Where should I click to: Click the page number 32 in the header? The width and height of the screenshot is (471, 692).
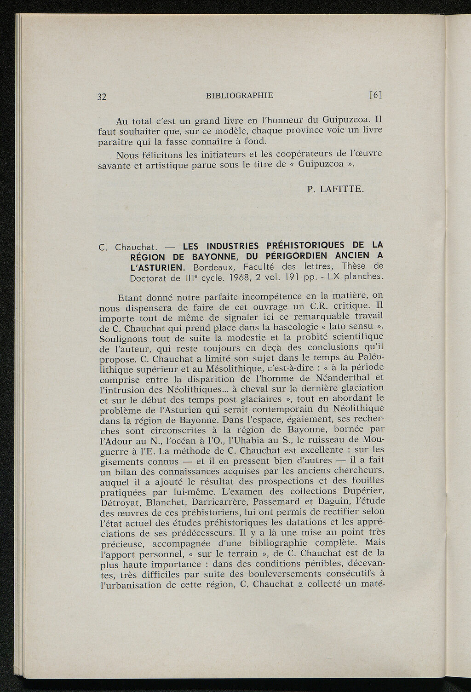[x=102, y=97]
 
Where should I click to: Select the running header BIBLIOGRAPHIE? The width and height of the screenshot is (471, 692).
[x=240, y=95]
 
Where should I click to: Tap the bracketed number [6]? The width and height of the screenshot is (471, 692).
[x=376, y=95]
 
